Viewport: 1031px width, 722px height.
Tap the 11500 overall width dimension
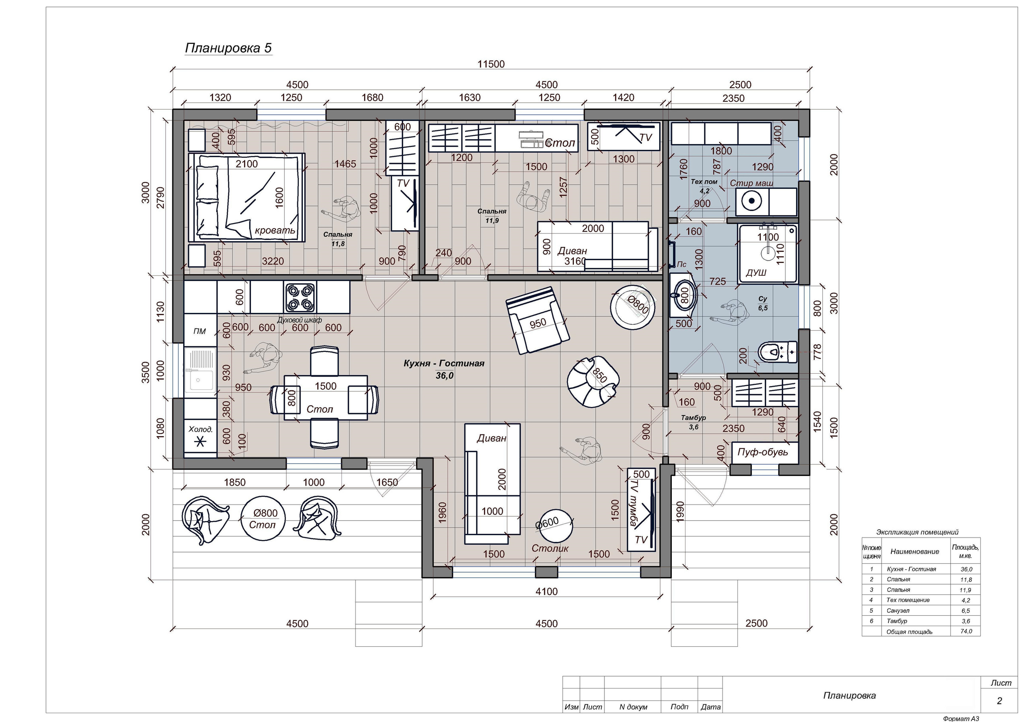(491, 64)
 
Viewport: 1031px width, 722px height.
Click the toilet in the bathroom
(777, 351)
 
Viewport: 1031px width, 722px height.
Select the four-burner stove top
(300, 297)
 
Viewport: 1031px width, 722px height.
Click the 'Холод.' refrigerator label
(200, 429)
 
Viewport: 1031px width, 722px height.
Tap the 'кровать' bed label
(275, 230)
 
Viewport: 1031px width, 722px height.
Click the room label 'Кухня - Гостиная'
(444, 363)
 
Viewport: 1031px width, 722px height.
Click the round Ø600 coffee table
(556, 527)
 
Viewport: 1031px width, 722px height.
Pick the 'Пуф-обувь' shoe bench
(765, 453)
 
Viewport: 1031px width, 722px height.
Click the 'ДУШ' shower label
(756, 273)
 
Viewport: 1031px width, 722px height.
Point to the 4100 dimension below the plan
(547, 592)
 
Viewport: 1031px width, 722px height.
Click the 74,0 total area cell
(965, 631)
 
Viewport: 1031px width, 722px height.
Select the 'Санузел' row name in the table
(898, 610)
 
